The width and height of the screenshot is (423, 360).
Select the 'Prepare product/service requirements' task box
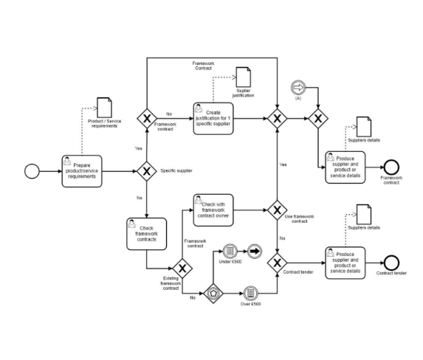[x=82, y=171]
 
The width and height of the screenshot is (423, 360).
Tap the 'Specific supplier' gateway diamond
[x=146, y=171]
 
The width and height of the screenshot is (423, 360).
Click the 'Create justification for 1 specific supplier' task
[x=213, y=118]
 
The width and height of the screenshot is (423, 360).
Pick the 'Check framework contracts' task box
[x=146, y=234]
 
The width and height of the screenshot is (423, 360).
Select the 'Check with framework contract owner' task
[x=213, y=210]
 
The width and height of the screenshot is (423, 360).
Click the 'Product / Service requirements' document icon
[x=104, y=108]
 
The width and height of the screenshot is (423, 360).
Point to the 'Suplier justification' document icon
[x=244, y=77]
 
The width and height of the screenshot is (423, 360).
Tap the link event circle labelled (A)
[x=298, y=87]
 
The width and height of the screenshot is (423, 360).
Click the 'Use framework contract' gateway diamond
[x=277, y=210]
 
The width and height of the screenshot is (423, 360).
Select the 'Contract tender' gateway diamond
[x=277, y=263]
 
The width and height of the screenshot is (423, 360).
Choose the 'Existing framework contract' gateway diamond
[x=182, y=269]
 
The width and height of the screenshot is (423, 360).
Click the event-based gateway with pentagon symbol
[x=213, y=293]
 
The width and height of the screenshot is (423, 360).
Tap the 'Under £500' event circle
[x=230, y=252]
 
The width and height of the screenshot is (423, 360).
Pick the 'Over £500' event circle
[x=250, y=293]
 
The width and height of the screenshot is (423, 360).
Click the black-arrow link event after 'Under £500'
[x=255, y=252]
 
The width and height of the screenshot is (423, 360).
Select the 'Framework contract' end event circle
[x=391, y=167]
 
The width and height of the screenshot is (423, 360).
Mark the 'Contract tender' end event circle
[x=391, y=263]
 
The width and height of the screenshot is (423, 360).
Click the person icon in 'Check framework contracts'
[x=131, y=224]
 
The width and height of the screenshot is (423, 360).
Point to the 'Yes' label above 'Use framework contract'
[x=283, y=165]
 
